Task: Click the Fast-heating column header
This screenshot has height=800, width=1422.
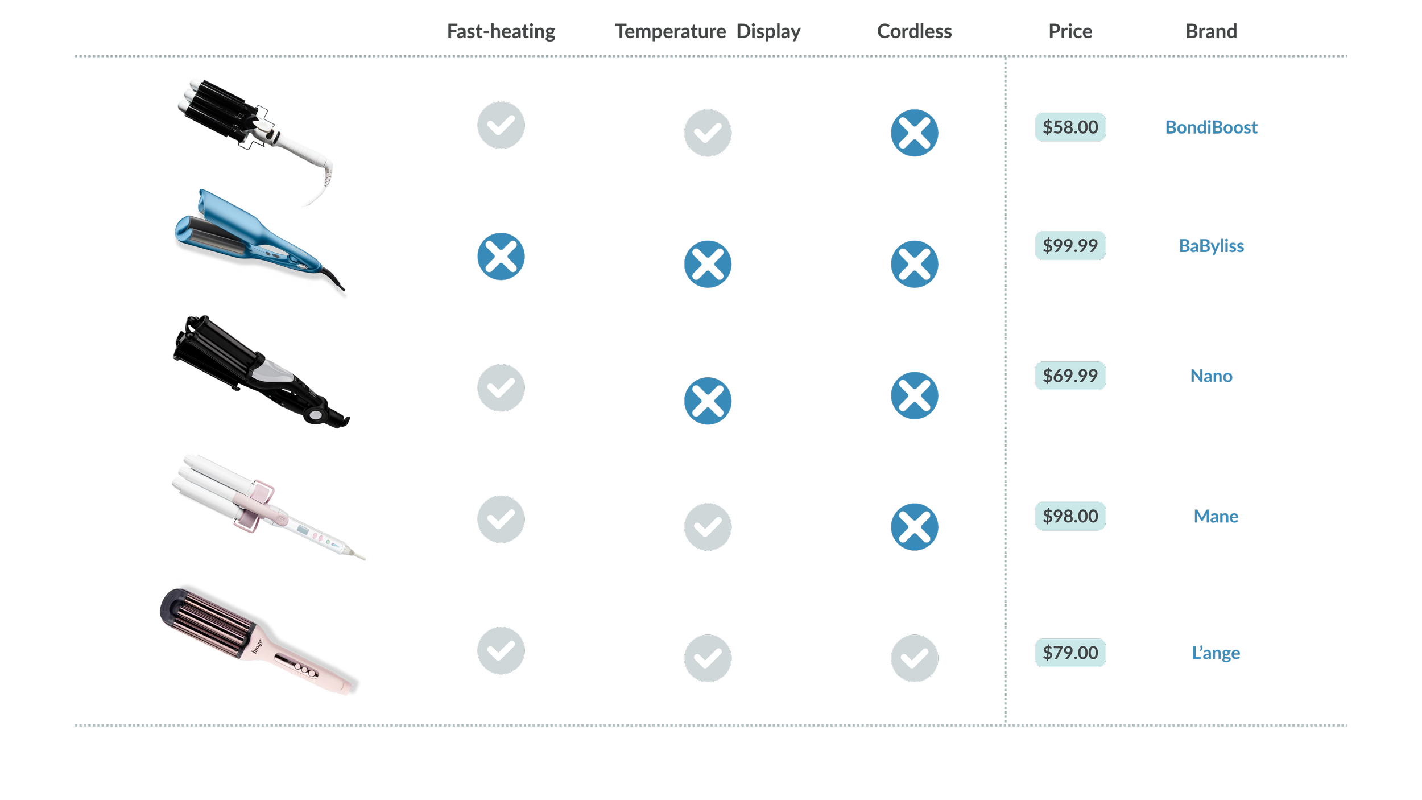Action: click(x=501, y=32)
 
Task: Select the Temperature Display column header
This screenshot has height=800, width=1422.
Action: click(x=708, y=32)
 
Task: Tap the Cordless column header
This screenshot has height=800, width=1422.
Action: click(x=914, y=32)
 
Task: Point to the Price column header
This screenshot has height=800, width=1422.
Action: click(x=1070, y=32)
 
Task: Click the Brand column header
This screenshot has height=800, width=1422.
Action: click(x=1211, y=32)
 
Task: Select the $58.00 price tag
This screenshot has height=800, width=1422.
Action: click(x=1070, y=127)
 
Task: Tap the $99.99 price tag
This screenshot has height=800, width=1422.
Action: click(x=1070, y=246)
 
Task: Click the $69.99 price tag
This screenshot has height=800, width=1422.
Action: click(x=1070, y=376)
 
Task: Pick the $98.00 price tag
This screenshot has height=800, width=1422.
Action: click(x=1070, y=516)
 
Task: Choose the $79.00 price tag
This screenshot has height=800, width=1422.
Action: click(x=1070, y=653)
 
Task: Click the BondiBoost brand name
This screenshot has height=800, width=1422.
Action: click(x=1211, y=127)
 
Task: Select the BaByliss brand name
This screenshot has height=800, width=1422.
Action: click(x=1211, y=246)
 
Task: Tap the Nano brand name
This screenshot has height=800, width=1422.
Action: click(x=1211, y=376)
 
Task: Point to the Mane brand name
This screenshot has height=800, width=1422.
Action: click(x=1216, y=517)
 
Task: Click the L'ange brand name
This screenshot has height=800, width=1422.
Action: click(x=1216, y=653)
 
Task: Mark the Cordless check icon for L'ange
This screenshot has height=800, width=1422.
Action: click(x=914, y=658)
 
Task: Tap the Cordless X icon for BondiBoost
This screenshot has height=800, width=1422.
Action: click(x=914, y=133)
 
